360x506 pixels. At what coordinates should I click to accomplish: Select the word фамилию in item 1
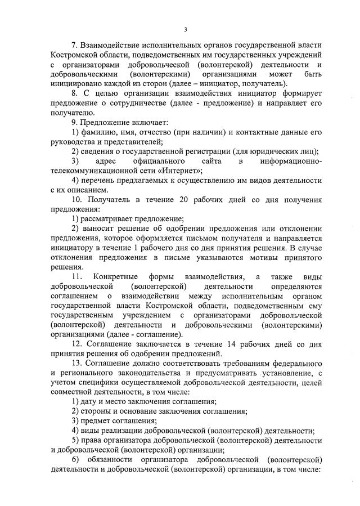coord(97,131)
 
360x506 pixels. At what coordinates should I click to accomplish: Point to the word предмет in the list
coord(96,422)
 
